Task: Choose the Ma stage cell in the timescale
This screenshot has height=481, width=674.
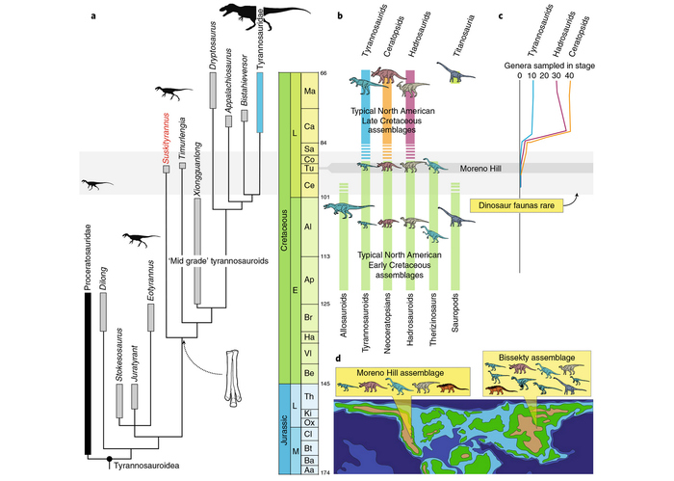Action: point(310,92)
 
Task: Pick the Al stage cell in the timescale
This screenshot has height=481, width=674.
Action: point(310,227)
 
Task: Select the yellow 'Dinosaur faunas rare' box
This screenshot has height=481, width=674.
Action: point(516,204)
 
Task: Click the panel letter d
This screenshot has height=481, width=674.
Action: point(337,360)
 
